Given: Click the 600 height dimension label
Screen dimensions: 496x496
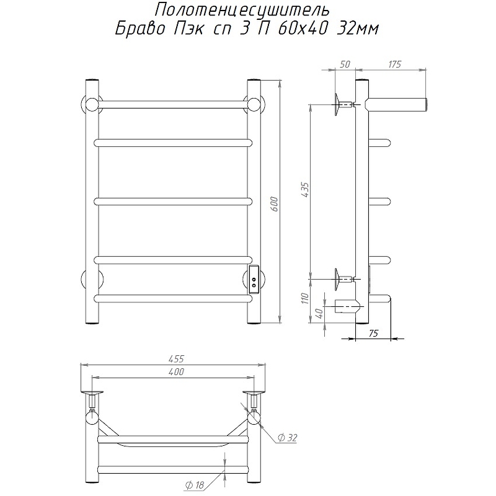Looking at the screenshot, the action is (x=274, y=204).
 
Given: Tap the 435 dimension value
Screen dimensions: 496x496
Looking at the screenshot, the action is (x=306, y=190).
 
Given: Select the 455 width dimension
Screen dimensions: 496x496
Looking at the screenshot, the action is (x=176, y=359).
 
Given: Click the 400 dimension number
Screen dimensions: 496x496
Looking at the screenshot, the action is (x=176, y=371).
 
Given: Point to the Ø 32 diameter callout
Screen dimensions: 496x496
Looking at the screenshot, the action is (x=287, y=438).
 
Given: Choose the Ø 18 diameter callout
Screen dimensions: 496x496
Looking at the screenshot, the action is (x=195, y=485).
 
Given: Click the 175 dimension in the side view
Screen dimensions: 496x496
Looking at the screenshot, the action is (x=394, y=64).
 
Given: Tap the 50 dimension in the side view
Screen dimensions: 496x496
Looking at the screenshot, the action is (x=345, y=64).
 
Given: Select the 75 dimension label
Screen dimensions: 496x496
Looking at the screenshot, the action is (x=373, y=333).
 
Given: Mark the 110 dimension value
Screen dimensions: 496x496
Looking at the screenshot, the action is (x=304, y=298).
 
